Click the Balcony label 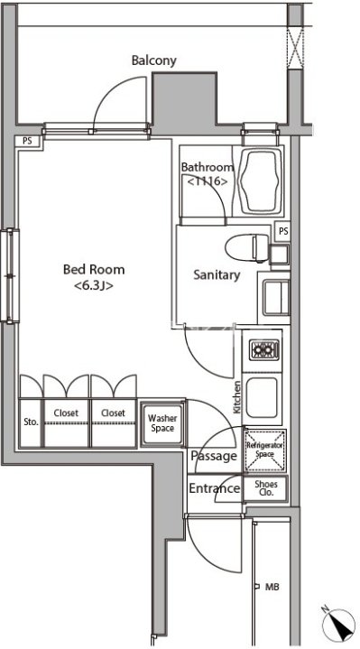click(x=154, y=60)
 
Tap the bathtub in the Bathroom click(x=261, y=181)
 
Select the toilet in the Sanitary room click(x=247, y=248)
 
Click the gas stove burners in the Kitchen click(x=264, y=350)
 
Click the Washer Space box click(x=162, y=423)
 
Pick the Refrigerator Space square click(x=264, y=450)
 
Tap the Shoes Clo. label click(x=265, y=488)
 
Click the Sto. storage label click(x=32, y=422)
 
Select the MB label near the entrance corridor click(x=272, y=587)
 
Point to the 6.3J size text click(x=94, y=286)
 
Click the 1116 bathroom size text click(x=208, y=181)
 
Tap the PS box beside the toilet click(x=283, y=232)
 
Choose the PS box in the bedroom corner click(x=27, y=141)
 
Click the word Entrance click(x=215, y=488)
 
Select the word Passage click(x=214, y=456)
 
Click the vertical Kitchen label click(x=237, y=397)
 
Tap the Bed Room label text click(x=94, y=270)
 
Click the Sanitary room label click(x=217, y=275)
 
